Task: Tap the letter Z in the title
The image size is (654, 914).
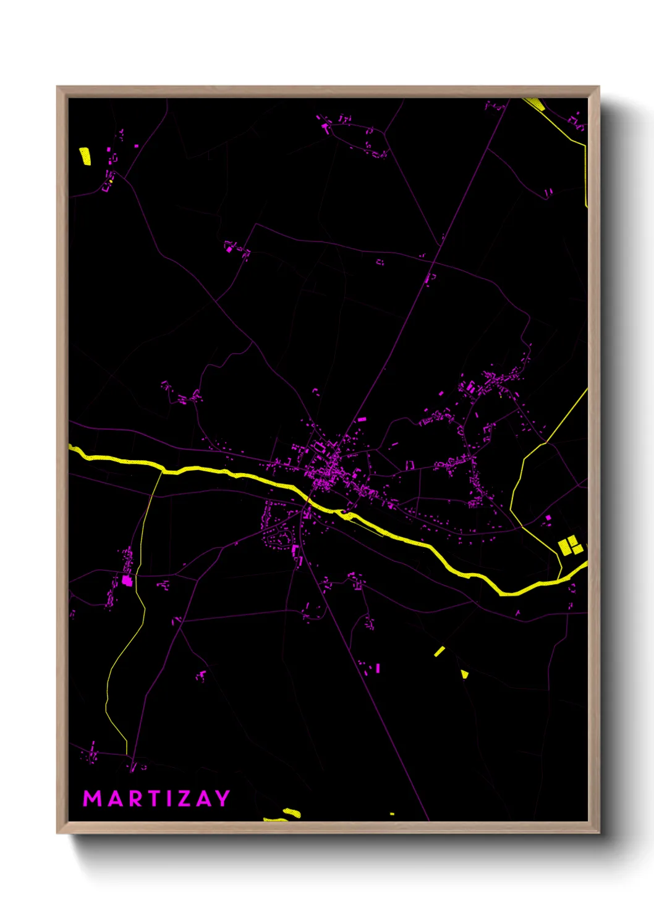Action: point(184,799)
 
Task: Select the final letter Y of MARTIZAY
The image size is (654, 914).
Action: point(223,799)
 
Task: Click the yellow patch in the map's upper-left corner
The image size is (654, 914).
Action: point(85,156)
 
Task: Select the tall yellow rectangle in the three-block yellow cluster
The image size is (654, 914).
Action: point(564,547)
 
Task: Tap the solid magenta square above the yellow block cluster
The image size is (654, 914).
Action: point(548,518)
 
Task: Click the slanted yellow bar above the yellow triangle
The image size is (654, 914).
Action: point(440,651)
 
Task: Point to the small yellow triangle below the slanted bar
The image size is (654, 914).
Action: point(464,674)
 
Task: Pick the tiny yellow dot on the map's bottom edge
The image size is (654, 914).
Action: point(392,814)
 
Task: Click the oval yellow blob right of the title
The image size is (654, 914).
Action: point(291,813)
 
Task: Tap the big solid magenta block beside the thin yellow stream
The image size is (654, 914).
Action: point(127,581)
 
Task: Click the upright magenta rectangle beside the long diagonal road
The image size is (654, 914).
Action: point(378,668)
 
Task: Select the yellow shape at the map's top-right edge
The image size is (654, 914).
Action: point(535,104)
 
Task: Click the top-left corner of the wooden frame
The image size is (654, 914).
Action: point(57,87)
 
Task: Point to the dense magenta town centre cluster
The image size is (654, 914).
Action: point(325,469)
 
